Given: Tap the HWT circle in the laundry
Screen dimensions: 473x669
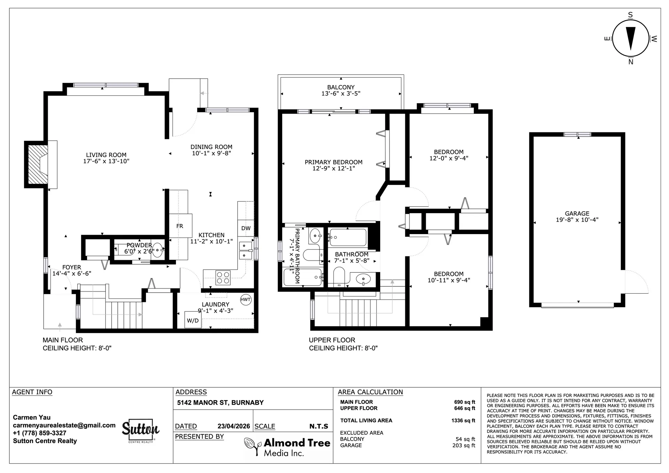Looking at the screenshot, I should tap(246, 300).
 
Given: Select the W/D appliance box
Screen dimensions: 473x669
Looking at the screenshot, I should tap(193, 320).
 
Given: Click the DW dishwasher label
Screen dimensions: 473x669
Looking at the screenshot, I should tap(246, 228).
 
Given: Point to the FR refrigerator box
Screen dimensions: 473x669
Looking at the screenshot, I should tap(180, 226).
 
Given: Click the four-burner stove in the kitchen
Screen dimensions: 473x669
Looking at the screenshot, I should tap(223, 278).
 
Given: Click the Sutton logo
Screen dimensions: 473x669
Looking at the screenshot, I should tap(140, 431).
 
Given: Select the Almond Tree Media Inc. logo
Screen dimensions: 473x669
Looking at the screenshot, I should tap(287, 447).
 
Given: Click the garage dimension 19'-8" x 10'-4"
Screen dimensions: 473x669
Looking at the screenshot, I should tap(577, 220).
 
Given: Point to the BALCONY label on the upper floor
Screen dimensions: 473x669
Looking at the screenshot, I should tap(341, 87).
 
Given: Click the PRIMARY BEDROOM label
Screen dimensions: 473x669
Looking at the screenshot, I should tap(333, 162).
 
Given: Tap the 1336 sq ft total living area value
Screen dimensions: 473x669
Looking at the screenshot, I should tap(463, 420).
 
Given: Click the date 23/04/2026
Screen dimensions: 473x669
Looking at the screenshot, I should tap(234, 426).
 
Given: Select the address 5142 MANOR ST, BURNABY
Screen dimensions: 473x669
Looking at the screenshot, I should tap(220, 403).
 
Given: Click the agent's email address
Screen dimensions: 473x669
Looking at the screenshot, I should tap(64, 425).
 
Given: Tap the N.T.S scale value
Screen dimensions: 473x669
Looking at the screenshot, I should tap(318, 426).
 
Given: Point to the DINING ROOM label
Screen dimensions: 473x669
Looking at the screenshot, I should tap(211, 147).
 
